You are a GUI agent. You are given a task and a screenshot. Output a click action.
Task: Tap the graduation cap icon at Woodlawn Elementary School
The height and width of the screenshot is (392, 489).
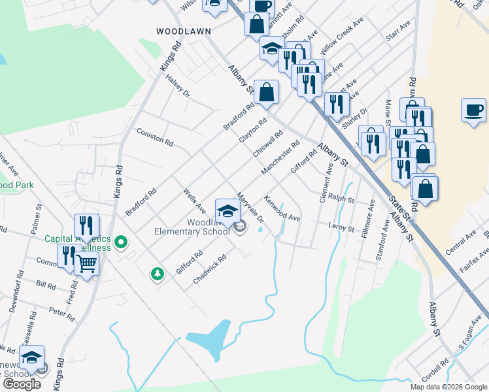tap(228, 209)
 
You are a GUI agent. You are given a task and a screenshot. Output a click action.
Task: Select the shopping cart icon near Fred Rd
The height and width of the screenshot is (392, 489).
tap(87, 263)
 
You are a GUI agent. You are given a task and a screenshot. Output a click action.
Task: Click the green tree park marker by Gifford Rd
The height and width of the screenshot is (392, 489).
tap(157, 274)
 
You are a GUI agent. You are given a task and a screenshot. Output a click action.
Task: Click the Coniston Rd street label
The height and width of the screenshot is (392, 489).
tap(155, 137)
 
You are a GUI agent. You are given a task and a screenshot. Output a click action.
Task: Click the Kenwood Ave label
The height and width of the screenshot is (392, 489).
tap(282, 207)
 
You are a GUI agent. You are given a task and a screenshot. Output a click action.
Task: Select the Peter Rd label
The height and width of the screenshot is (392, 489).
tap(62, 314)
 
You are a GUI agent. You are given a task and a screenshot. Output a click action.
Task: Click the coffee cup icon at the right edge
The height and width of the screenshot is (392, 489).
tap(473, 109)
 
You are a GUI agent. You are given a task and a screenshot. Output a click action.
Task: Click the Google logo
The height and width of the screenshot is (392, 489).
tap(22, 384)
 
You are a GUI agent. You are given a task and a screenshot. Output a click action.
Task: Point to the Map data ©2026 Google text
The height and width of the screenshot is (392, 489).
tap(448, 387)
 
